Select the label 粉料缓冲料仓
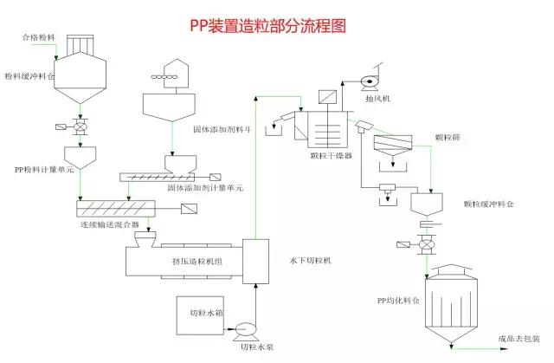(28, 76)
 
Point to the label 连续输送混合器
(108, 224)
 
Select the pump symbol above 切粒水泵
(245, 329)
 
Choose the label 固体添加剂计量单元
(205, 187)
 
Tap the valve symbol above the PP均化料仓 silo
(425, 247)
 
